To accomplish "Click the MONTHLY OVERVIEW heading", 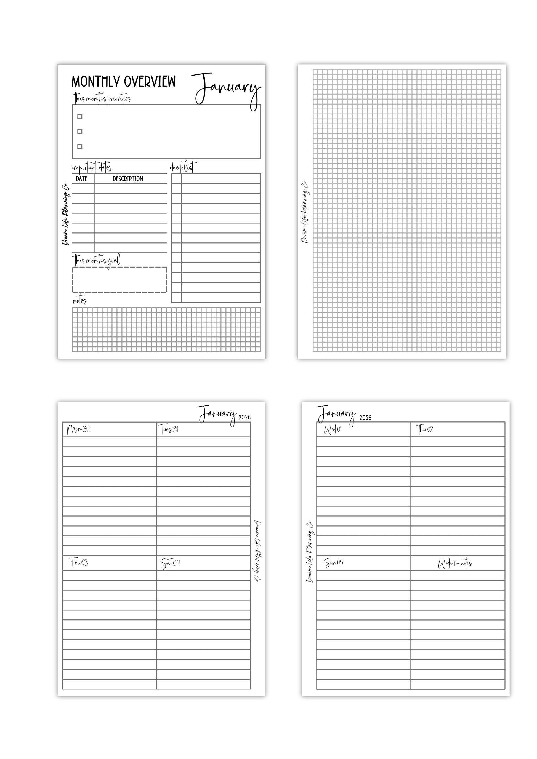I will [123, 82].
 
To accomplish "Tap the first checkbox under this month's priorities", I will [80, 117].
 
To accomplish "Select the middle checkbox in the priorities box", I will [80, 132].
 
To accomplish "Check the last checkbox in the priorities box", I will [80, 146].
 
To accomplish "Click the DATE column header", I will [82, 179].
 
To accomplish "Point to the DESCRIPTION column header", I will [128, 179].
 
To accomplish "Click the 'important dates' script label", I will [92, 168].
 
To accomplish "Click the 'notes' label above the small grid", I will [80, 301].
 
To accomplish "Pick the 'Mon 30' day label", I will [78, 429].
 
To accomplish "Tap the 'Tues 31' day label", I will [170, 429].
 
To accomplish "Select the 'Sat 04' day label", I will [170, 563].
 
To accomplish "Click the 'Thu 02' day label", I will [424, 430].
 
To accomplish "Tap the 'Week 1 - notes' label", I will [455, 564].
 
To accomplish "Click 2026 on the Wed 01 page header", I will [365, 418].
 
